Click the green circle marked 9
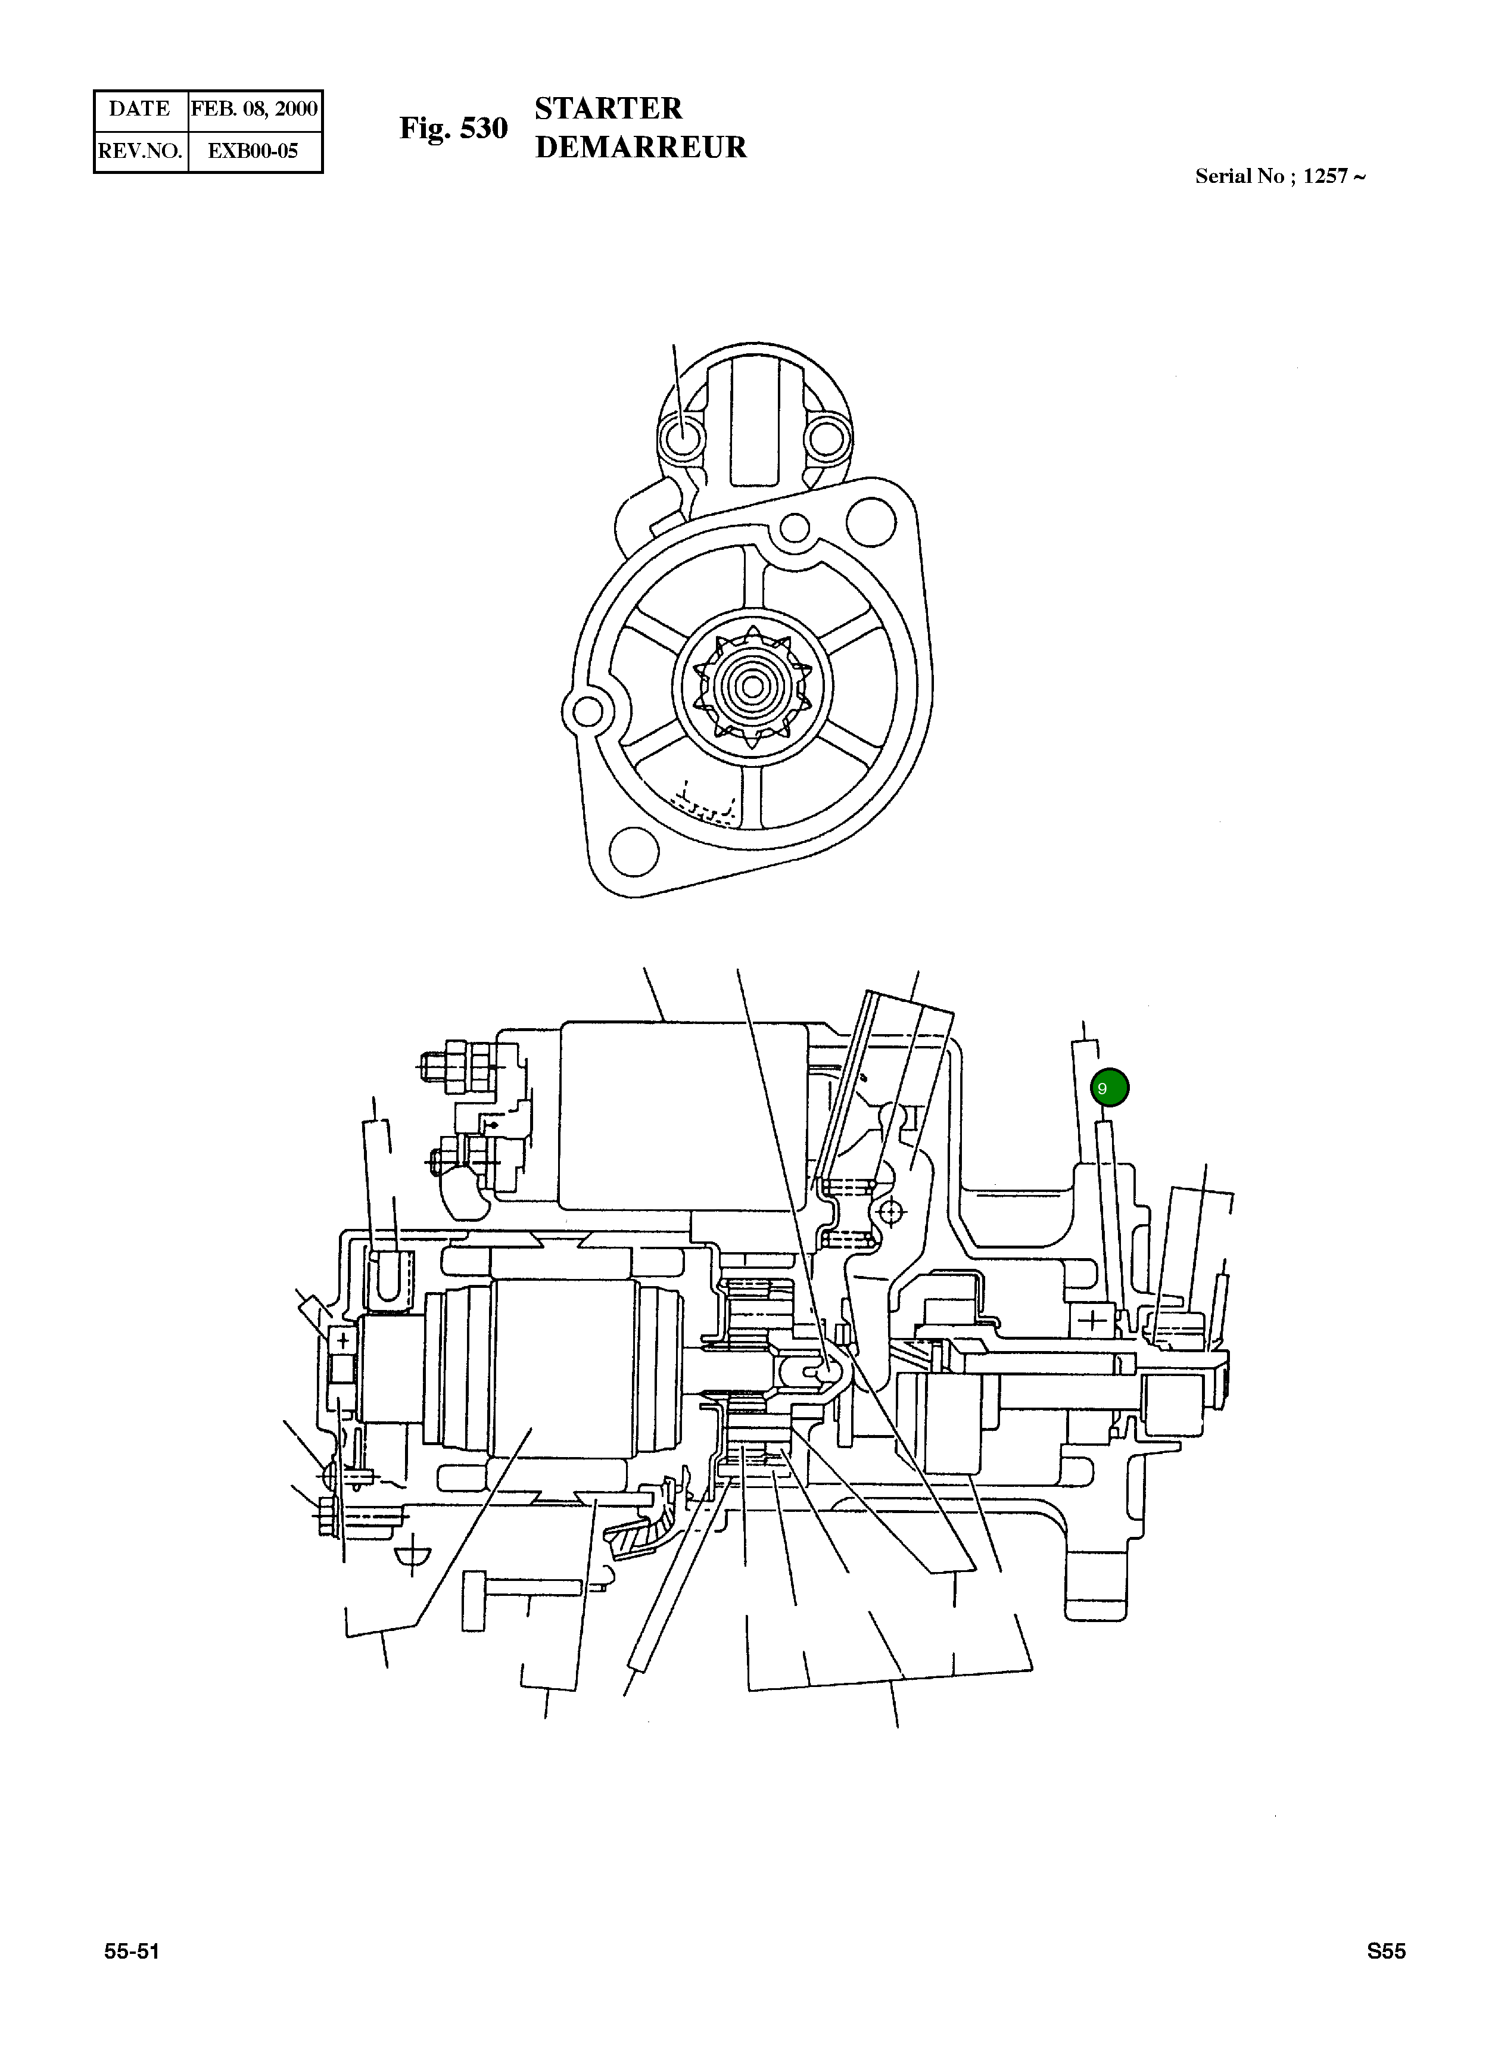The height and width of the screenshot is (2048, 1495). [1110, 1087]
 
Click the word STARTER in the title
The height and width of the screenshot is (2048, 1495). [608, 108]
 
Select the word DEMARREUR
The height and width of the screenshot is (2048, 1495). [641, 148]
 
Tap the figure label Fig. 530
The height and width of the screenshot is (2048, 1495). [453, 129]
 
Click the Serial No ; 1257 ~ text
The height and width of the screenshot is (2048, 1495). [1279, 176]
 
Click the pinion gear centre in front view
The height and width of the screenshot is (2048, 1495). [750, 687]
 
